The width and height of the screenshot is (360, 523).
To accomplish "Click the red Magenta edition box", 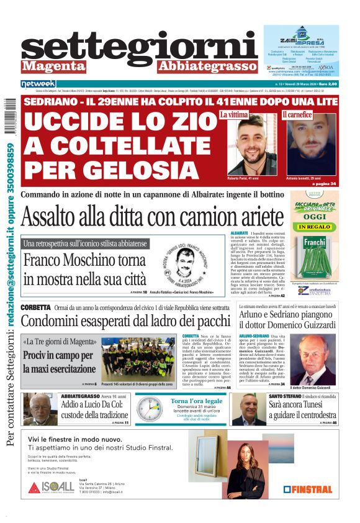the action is [x=53, y=66].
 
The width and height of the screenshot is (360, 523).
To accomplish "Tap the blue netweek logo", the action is [x=38, y=83].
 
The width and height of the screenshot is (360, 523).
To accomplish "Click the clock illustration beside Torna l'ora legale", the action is [x=150, y=409].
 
